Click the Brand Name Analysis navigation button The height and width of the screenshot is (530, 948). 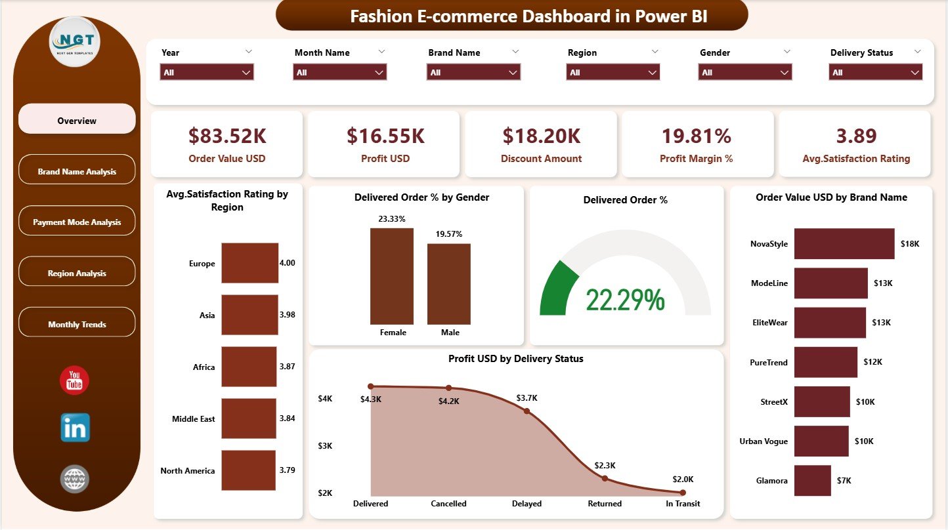tap(77, 171)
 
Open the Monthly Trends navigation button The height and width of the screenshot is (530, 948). tap(77, 324)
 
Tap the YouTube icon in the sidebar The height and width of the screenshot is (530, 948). tap(74, 381)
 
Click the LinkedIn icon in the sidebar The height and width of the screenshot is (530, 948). tap(75, 428)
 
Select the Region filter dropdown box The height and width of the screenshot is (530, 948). tap(613, 72)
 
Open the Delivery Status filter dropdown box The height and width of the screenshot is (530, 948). tap(876, 72)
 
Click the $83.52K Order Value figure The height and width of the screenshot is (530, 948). tap(226, 136)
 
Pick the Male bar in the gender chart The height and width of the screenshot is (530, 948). tap(449, 283)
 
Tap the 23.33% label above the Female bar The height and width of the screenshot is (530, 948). tap(392, 219)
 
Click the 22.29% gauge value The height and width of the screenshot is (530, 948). tap(625, 300)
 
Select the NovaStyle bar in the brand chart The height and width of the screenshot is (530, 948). tap(844, 244)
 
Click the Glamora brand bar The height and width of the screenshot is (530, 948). tap(812, 480)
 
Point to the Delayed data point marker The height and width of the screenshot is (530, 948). tap(527, 411)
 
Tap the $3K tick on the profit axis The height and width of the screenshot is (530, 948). tap(326, 446)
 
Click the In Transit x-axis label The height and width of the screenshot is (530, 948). tap(682, 504)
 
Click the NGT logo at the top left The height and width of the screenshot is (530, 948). tap(75, 41)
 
